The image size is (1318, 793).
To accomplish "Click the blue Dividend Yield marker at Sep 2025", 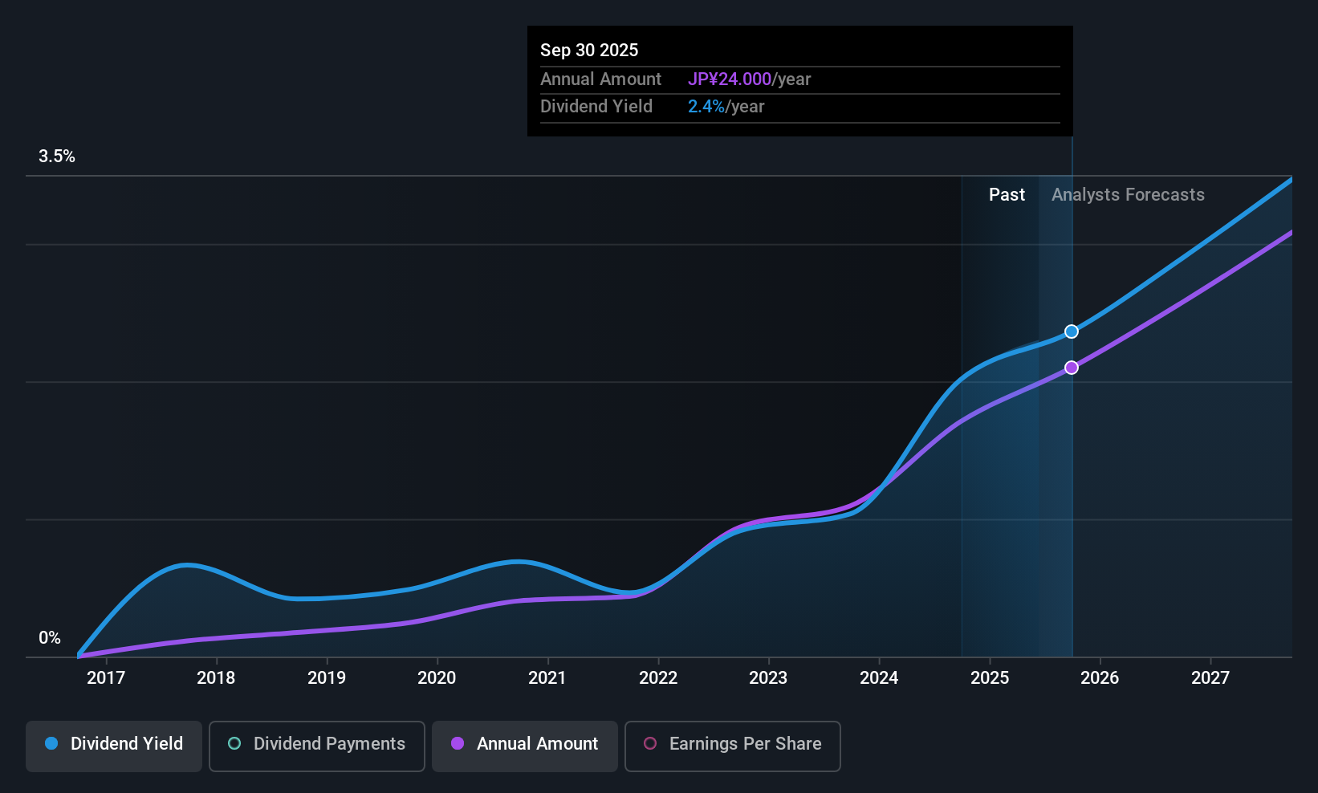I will (x=1072, y=331).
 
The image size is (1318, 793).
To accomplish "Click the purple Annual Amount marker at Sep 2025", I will (x=1072, y=368).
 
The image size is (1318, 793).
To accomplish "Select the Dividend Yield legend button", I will (x=114, y=744).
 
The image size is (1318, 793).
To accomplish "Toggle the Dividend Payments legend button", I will (x=316, y=744).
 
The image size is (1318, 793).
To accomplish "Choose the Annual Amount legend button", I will (x=525, y=744).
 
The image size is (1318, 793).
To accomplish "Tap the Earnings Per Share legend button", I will (x=732, y=744).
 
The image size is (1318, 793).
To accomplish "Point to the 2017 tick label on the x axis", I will (x=106, y=678).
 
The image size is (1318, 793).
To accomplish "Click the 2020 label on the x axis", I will (x=437, y=678).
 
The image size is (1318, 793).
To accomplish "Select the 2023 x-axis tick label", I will (x=768, y=678).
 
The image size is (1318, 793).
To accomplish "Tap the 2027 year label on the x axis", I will (x=1210, y=678).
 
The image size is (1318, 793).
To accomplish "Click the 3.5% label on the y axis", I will (x=57, y=157).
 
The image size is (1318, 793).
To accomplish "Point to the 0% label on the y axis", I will (x=50, y=638).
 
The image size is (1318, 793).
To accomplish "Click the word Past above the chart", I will (x=1007, y=195).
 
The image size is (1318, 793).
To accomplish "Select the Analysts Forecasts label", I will (x=1128, y=195).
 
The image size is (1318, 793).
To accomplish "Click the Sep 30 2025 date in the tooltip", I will (x=589, y=51).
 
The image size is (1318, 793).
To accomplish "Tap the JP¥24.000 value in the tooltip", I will (x=729, y=79).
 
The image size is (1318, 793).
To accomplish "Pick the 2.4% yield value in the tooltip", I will (x=706, y=107).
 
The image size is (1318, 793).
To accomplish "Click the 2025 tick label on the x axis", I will (x=990, y=678).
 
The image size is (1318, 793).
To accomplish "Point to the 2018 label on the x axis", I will (x=216, y=678).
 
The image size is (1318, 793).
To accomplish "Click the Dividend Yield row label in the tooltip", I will (x=596, y=107).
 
